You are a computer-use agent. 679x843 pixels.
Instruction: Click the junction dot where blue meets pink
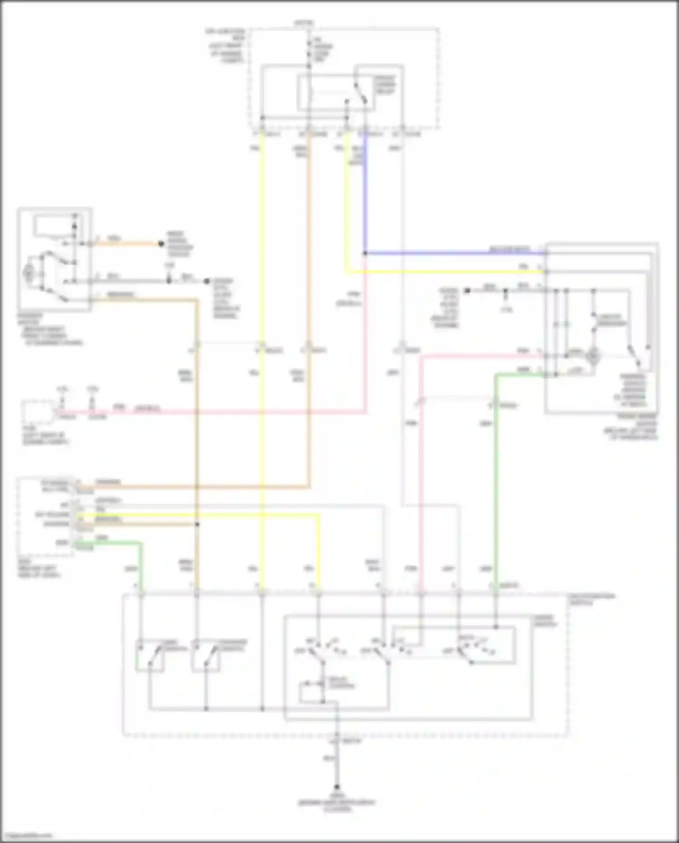[x=365, y=253]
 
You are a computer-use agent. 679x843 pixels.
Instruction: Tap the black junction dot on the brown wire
[x=197, y=525]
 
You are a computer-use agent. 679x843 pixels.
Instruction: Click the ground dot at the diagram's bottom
[x=337, y=788]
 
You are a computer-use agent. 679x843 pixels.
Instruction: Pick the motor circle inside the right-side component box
[x=592, y=357]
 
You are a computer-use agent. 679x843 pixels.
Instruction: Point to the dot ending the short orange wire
[x=161, y=244]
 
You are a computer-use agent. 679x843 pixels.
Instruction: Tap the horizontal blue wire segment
[x=453, y=253]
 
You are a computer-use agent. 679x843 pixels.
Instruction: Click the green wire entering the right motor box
[x=521, y=375]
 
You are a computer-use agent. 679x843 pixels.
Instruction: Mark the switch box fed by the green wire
[x=150, y=655]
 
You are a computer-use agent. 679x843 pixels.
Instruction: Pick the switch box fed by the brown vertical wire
[x=206, y=655]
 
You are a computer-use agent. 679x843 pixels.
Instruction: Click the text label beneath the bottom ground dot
[x=337, y=802]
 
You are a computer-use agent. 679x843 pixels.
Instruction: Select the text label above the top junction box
[x=304, y=22]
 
